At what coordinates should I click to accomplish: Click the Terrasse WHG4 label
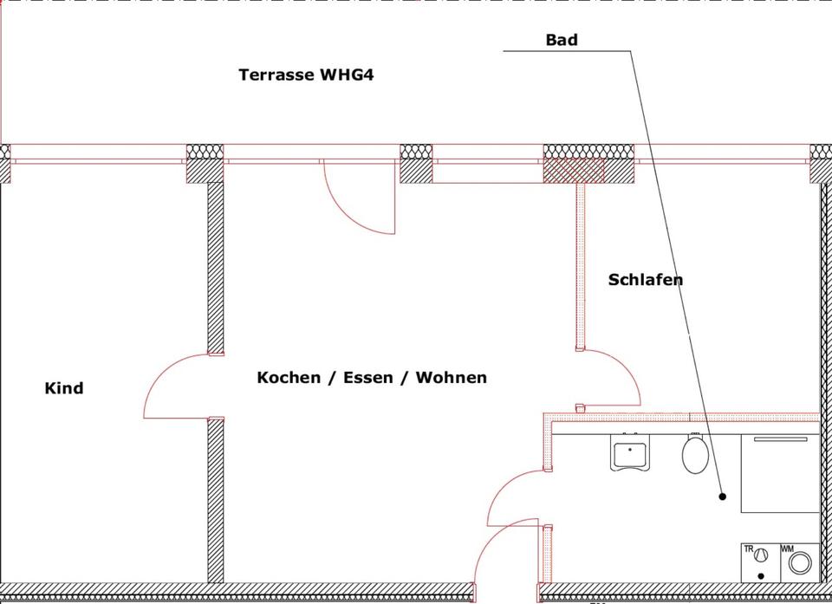pyautogui.click(x=306, y=75)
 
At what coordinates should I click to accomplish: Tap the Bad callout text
pyautogui.click(x=562, y=40)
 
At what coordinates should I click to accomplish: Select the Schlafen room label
pyautogui.click(x=646, y=279)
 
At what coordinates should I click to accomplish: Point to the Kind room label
pyautogui.click(x=64, y=388)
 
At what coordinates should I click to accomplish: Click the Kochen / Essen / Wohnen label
pyautogui.click(x=372, y=378)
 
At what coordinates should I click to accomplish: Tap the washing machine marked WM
pyautogui.click(x=801, y=562)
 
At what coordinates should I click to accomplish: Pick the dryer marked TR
pyautogui.click(x=760, y=558)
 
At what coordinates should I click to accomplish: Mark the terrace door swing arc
pyautogui.click(x=355, y=204)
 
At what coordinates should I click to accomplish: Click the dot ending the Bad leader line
pyautogui.click(x=722, y=497)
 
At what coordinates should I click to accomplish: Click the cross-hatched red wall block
pyautogui.click(x=573, y=171)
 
